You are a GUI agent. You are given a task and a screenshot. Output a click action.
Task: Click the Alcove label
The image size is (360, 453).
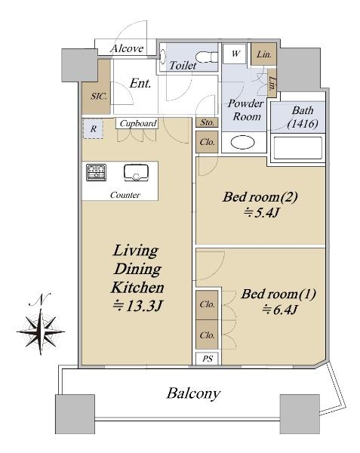[127, 48]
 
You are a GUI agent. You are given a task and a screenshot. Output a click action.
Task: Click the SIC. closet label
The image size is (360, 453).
[97, 97]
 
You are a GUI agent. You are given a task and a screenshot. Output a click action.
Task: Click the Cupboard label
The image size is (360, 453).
[137, 123]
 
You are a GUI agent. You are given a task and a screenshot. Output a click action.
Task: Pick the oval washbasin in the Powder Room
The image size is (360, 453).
[242, 142]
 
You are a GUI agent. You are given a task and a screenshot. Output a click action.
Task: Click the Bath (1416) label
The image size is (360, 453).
[300, 120]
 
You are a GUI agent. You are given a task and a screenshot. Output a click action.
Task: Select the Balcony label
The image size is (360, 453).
[193, 393]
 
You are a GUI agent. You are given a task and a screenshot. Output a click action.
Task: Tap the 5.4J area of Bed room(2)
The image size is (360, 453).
[260, 214]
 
